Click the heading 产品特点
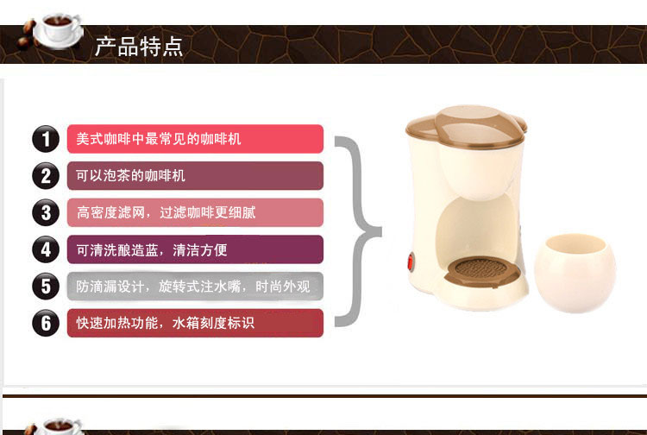click(x=139, y=47)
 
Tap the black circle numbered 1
click(x=46, y=139)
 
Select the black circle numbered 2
click(x=46, y=176)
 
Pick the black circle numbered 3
click(x=46, y=212)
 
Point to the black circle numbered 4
click(x=46, y=249)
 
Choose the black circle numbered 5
click(x=46, y=287)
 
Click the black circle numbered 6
click(x=46, y=323)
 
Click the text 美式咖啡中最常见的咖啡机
click(x=159, y=139)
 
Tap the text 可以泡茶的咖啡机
click(x=130, y=176)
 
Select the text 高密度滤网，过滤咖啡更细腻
click(x=166, y=212)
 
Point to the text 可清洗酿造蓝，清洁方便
click(x=152, y=249)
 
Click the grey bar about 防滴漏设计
click(x=195, y=287)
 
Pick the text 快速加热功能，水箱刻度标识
click(x=165, y=323)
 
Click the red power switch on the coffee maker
click(x=411, y=262)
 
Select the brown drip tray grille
click(x=481, y=271)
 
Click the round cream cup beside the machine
click(x=575, y=273)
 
